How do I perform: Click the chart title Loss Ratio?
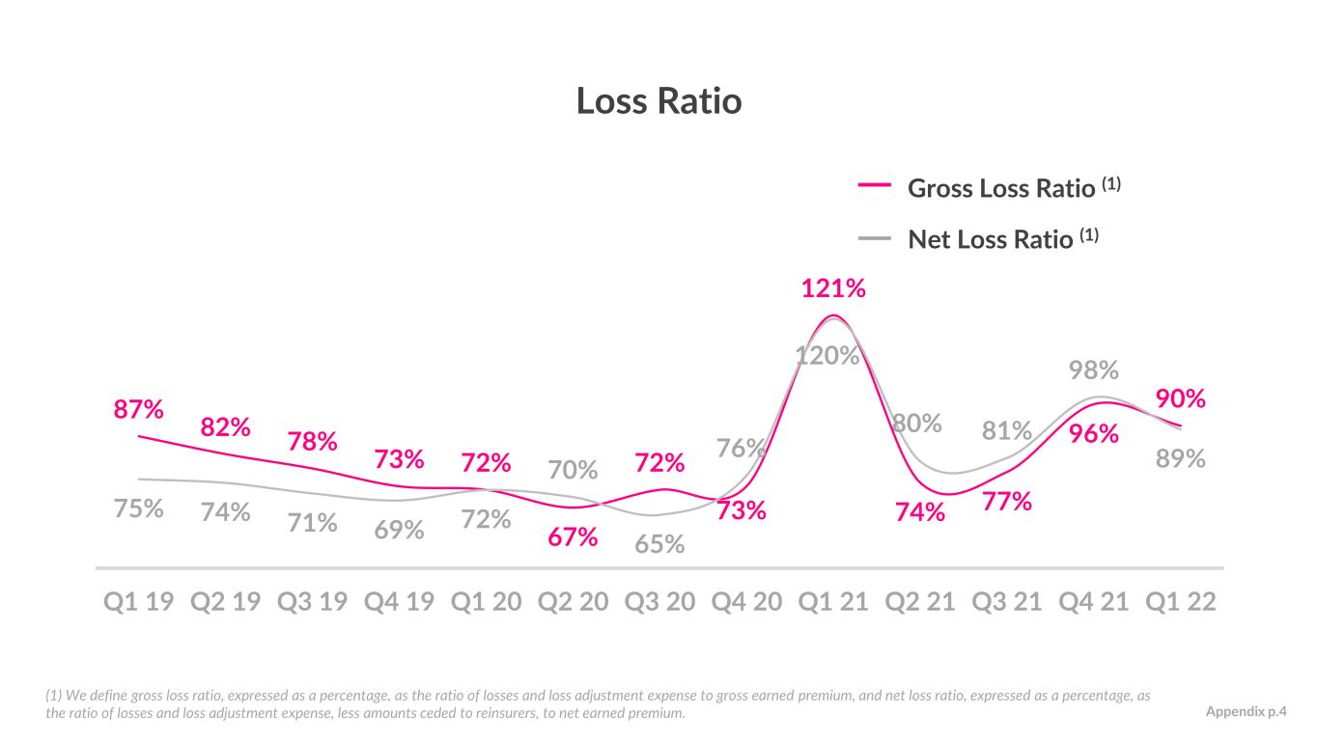[x=659, y=100]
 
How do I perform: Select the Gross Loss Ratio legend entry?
[x=989, y=187]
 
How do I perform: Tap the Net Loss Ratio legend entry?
[x=978, y=238]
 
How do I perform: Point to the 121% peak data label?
[x=833, y=288]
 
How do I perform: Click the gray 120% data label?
[x=827, y=355]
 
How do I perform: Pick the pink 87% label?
[x=138, y=409]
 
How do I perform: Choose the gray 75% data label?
[x=138, y=508]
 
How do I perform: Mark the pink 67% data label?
[x=573, y=536]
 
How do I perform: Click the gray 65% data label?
[x=659, y=544]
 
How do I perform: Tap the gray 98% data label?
[x=1094, y=370]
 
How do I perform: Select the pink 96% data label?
[x=1094, y=433]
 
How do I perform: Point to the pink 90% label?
[x=1181, y=398]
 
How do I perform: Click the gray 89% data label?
[x=1181, y=458]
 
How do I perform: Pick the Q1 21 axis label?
[x=833, y=602]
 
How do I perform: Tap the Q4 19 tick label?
[x=399, y=602]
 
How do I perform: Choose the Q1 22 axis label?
[x=1180, y=602]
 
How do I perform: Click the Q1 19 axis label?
[x=138, y=602]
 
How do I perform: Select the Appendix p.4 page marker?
[x=1247, y=712]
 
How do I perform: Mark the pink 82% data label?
[x=225, y=427]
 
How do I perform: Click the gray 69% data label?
[x=399, y=530]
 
